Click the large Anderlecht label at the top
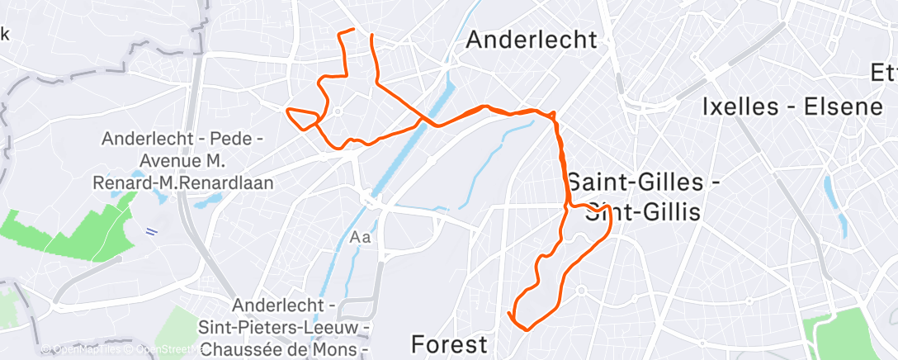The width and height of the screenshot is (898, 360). point(532,39)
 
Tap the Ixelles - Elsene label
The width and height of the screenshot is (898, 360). point(781,107)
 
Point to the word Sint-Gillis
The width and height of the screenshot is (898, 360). point(642,212)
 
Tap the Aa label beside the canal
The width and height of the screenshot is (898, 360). point(362,238)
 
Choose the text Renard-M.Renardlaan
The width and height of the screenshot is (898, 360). point(187,180)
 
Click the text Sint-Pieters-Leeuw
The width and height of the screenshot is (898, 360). point(283,328)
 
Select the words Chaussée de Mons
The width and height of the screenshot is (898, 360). point(283,348)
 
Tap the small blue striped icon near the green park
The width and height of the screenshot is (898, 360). point(152,231)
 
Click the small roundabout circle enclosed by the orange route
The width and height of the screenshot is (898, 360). point(338,111)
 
